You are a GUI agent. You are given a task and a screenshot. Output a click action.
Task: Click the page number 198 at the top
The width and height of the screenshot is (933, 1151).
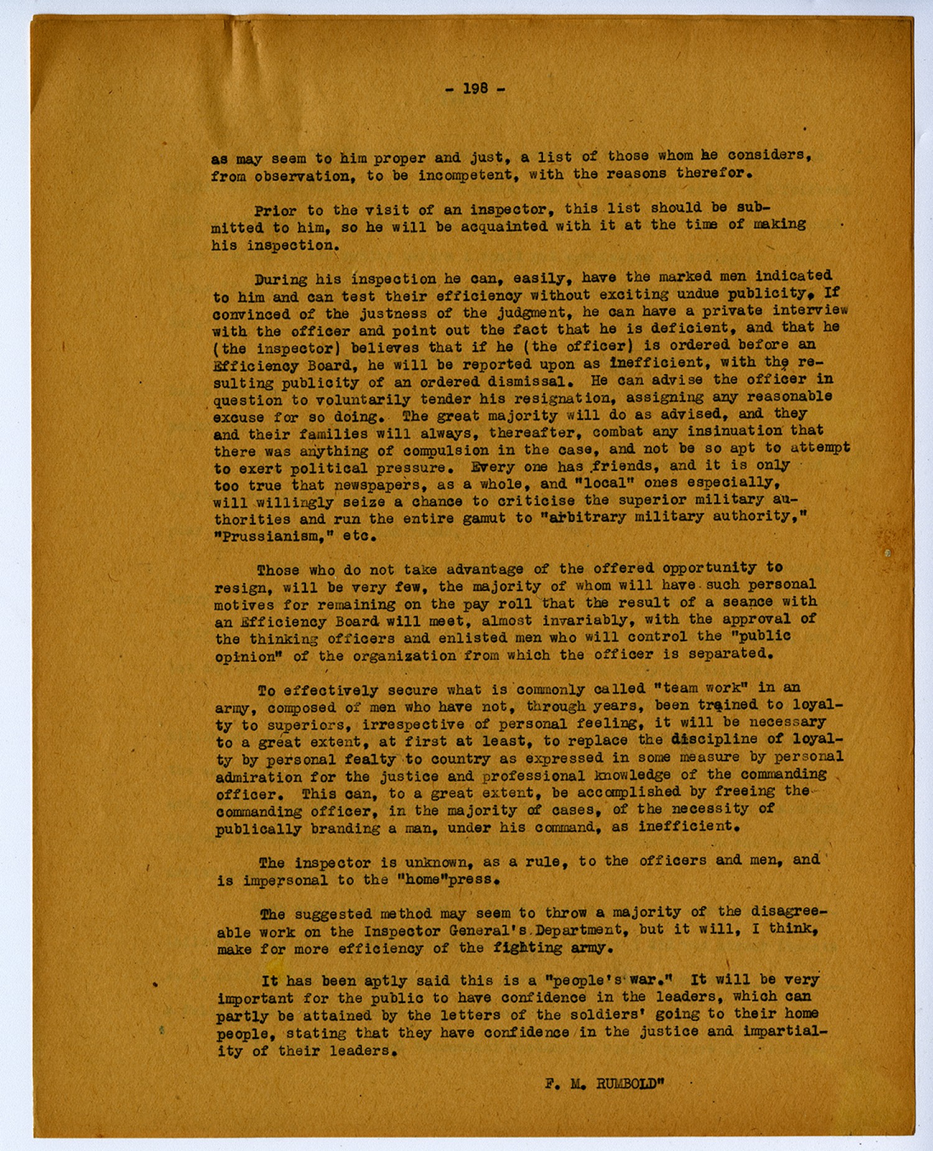click(476, 89)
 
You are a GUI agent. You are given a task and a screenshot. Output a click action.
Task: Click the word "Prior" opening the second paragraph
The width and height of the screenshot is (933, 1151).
click(275, 211)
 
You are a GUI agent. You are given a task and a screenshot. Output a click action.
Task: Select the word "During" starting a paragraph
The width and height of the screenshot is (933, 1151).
click(280, 280)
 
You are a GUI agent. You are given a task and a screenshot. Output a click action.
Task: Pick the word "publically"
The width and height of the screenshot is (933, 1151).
click(258, 830)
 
